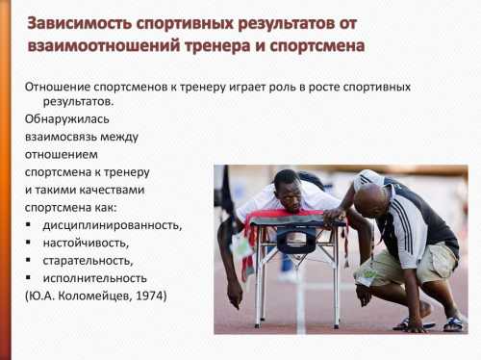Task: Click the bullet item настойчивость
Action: (90, 243)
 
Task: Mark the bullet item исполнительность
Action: (95, 277)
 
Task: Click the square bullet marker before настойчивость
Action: (30, 244)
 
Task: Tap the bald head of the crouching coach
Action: (371, 197)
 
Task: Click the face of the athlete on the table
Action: (287, 186)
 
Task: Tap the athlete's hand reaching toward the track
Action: (233, 293)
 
